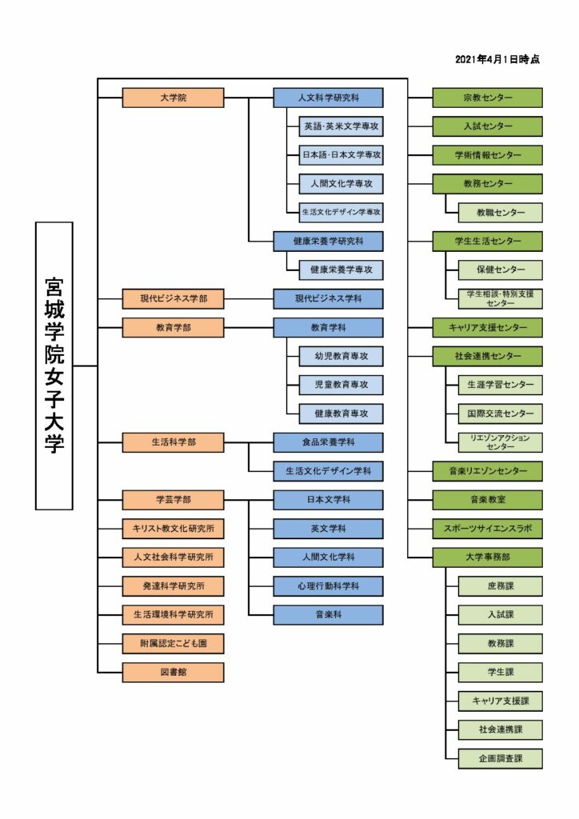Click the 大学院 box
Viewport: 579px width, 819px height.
point(173,98)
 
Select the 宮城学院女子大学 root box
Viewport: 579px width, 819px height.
point(54,366)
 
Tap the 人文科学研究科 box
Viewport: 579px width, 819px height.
point(328,98)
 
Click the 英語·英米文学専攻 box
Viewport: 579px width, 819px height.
point(341,126)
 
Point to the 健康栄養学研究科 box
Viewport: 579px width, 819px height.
point(328,242)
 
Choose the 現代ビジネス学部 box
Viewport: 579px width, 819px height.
point(173,299)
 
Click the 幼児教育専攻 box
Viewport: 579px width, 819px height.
point(341,356)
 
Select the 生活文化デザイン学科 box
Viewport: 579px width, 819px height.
point(328,471)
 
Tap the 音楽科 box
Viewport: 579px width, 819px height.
point(328,615)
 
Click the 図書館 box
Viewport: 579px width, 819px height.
point(173,672)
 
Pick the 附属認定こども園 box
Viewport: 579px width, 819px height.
point(173,644)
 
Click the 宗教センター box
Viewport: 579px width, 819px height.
point(487,98)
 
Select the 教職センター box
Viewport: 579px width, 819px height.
point(500,213)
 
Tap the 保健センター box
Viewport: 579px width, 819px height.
point(500,270)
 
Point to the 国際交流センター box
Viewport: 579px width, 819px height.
point(500,413)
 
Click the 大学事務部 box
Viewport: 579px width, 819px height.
point(487,557)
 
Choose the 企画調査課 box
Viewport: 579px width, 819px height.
point(500,758)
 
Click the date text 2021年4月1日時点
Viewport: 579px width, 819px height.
point(497,59)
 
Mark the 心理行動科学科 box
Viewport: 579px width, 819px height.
point(328,586)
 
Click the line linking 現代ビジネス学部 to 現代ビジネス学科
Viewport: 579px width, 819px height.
point(249,299)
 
